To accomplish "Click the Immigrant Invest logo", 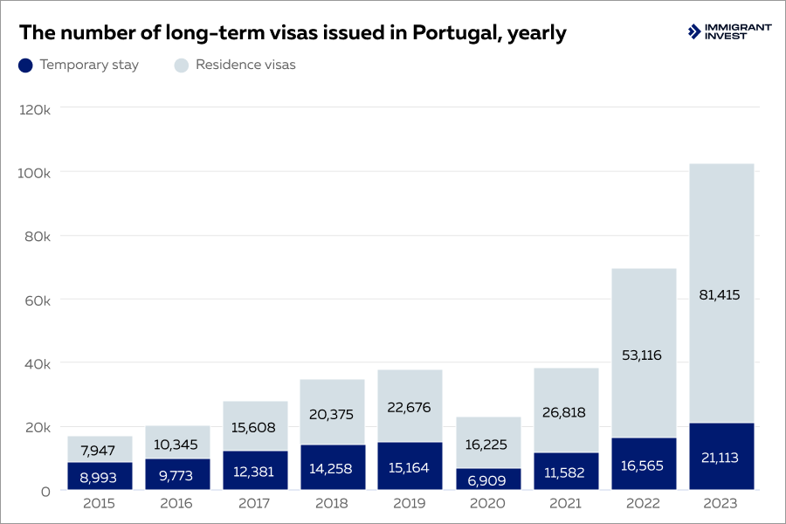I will click(729, 32).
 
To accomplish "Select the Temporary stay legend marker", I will click(25, 65).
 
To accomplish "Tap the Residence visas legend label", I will click(245, 65).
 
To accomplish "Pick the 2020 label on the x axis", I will click(488, 504).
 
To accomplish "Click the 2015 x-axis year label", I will click(100, 504).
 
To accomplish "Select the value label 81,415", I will click(720, 295).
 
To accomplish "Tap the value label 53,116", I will click(643, 354).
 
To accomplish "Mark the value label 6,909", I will click(488, 479).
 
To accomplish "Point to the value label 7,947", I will click(100, 450).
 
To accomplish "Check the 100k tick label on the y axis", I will click(35, 173).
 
